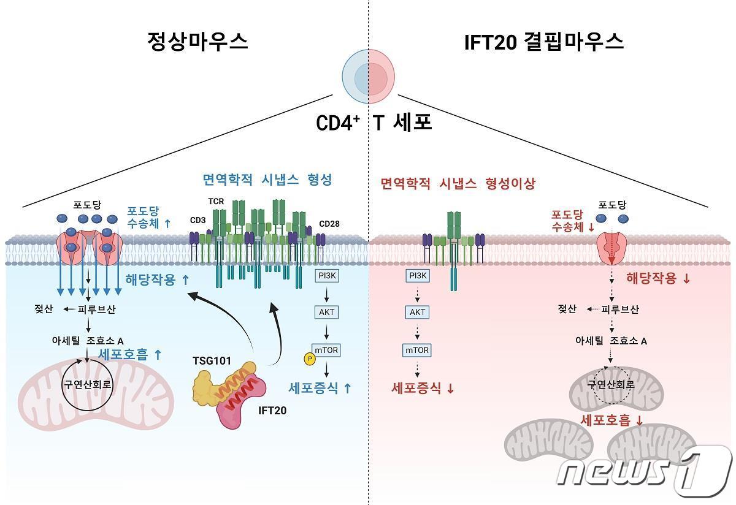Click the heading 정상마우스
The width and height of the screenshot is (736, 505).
click(197, 41)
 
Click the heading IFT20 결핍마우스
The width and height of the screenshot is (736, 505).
click(543, 41)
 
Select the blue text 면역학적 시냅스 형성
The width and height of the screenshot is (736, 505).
click(267, 180)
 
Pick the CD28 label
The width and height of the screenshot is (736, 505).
click(329, 224)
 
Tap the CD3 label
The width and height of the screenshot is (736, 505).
click(198, 219)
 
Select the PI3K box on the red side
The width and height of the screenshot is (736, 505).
click(418, 276)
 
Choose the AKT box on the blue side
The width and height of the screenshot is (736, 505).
click(326, 312)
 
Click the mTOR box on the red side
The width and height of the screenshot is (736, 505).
click(418, 350)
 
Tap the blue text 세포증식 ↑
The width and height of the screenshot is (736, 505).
click(320, 387)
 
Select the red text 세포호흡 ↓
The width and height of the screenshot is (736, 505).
click(611, 420)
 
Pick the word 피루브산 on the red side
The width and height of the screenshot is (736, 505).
click(620, 309)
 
